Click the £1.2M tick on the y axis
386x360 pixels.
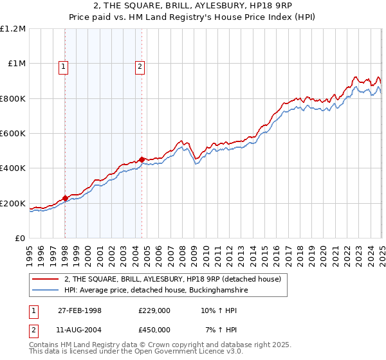pos(13,29)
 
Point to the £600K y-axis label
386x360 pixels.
pos(13,134)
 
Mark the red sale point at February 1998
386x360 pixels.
pos(65,198)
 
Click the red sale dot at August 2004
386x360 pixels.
pos(142,159)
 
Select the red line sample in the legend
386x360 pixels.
pos(45,280)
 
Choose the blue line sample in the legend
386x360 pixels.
pos(45,291)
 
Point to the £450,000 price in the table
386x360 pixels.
pos(154,329)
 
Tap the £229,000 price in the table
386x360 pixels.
pos(154,310)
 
